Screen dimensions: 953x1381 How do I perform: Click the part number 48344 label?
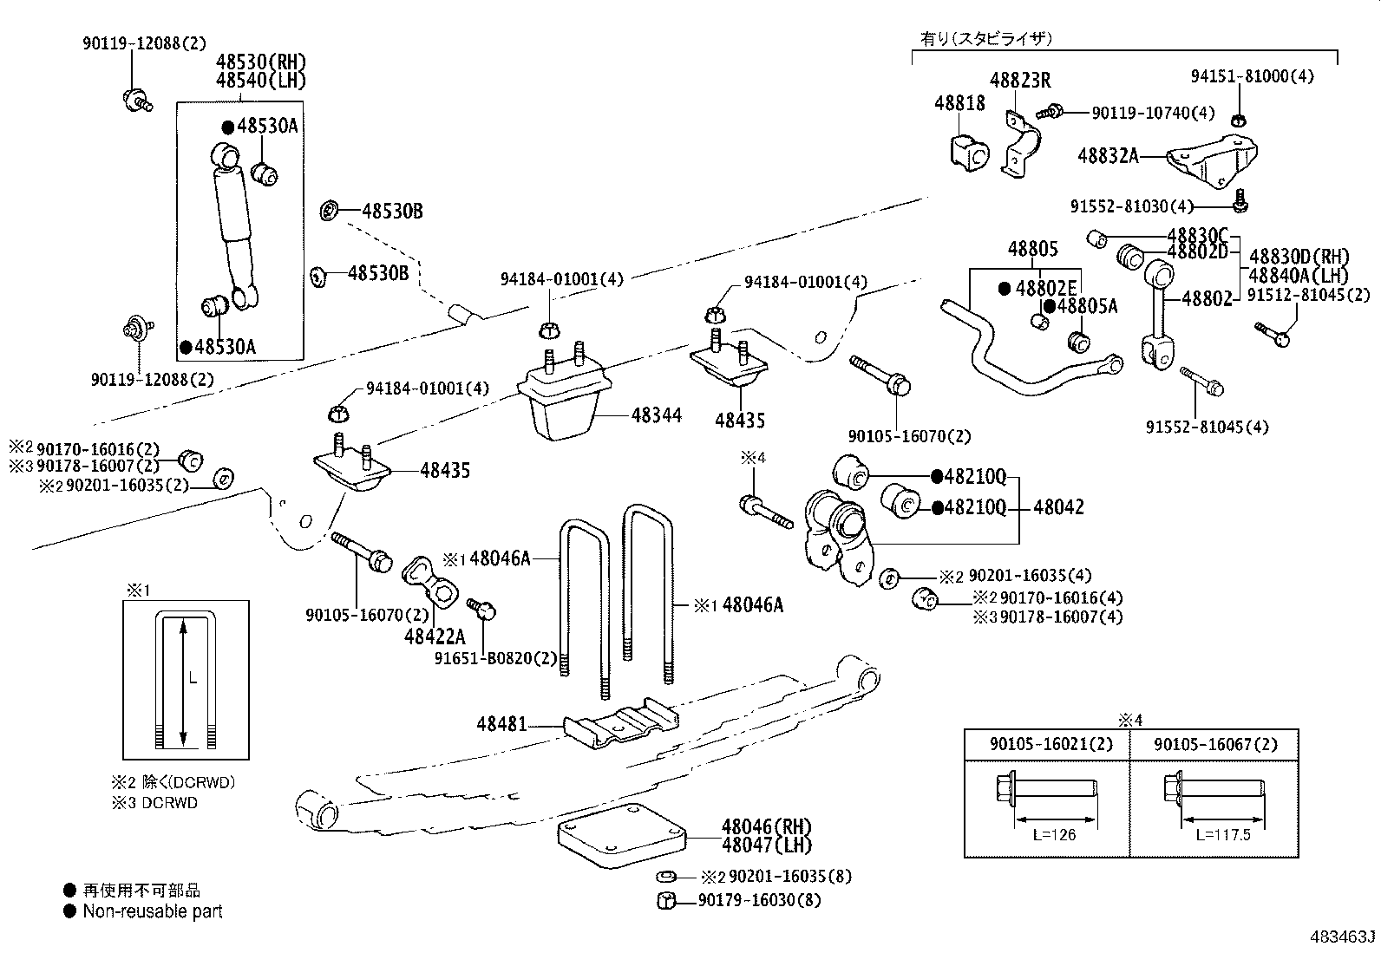[656, 415]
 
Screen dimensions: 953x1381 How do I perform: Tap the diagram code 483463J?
[1343, 937]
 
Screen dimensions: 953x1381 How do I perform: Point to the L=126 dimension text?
[1054, 835]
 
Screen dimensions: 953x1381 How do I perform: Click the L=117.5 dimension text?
[1222, 835]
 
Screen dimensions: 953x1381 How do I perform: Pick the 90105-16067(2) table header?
[1214, 745]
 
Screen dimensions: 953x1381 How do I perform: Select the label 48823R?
[1020, 82]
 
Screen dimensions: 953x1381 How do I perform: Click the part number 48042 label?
[1058, 507]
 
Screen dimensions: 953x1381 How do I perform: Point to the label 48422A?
[435, 637]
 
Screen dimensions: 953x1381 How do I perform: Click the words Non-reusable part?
[153, 911]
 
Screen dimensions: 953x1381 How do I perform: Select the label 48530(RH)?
[261, 62]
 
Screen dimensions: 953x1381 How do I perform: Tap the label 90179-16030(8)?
[759, 901]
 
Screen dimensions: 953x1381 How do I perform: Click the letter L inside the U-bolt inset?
[192, 678]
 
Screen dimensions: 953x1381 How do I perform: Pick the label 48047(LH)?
[768, 845]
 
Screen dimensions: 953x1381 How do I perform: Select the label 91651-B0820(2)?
[495, 658]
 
